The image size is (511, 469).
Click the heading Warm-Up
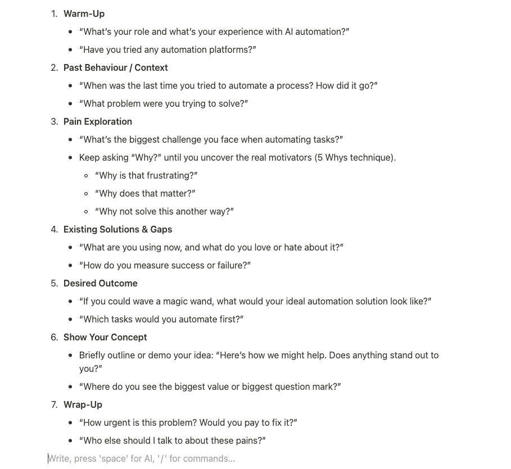click(84, 13)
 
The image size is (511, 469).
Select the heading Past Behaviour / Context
click(115, 67)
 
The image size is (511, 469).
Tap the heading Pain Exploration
click(97, 121)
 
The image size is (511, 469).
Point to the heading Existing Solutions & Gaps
click(117, 229)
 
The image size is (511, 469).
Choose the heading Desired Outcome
click(100, 283)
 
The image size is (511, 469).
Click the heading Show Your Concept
click(105, 337)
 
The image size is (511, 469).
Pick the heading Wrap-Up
click(83, 404)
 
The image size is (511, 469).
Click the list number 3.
click(54, 121)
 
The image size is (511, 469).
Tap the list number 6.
click(54, 337)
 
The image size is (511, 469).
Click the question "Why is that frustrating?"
click(146, 175)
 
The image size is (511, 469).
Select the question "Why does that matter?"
click(145, 193)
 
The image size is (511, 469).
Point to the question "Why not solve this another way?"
click(164, 211)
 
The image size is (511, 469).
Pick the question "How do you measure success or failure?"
click(165, 265)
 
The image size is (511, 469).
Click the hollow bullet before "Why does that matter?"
click(86, 193)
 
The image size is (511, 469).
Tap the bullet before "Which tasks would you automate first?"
click(70, 319)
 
